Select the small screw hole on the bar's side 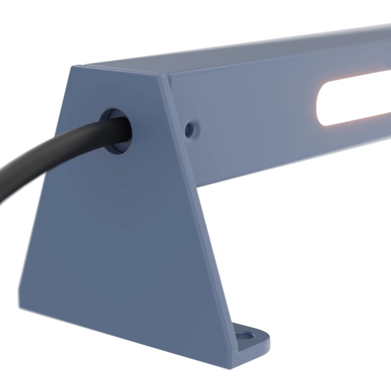pyautogui.click(x=189, y=129)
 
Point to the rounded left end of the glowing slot pyautogui.click(x=321, y=104)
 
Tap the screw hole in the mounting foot pyautogui.click(x=246, y=337)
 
